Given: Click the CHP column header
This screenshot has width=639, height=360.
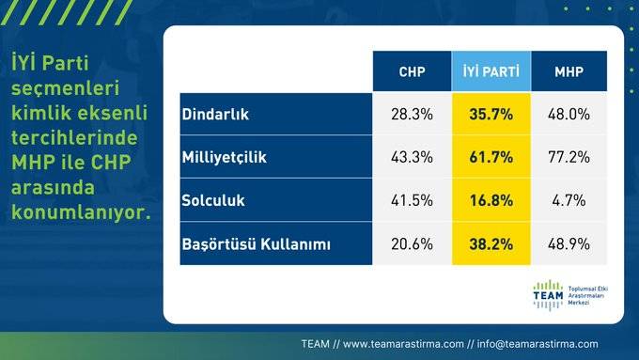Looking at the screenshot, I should pos(412,71).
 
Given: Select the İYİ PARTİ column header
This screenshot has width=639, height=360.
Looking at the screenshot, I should pos(491,71).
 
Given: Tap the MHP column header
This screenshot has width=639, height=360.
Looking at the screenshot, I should pos(569,71).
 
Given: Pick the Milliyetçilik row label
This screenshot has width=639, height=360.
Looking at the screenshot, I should pos(224,157).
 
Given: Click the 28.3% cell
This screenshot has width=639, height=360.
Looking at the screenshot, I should pos(412,114).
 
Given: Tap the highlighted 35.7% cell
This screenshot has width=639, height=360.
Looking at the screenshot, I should pos(491,114).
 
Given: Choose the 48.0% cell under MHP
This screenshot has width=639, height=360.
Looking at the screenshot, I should pos(569,114).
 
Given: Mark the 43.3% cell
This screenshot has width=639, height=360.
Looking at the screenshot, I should pos(412,157).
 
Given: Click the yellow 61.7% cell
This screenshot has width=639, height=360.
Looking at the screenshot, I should pos(491,157).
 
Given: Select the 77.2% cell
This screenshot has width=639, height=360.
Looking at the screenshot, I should pos(569,157).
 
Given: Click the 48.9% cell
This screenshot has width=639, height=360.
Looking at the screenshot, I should pos(569,244).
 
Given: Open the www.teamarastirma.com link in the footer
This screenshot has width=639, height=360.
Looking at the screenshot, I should pos(401,343).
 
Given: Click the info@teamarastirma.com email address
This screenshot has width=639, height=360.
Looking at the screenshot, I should pos(538,343).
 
